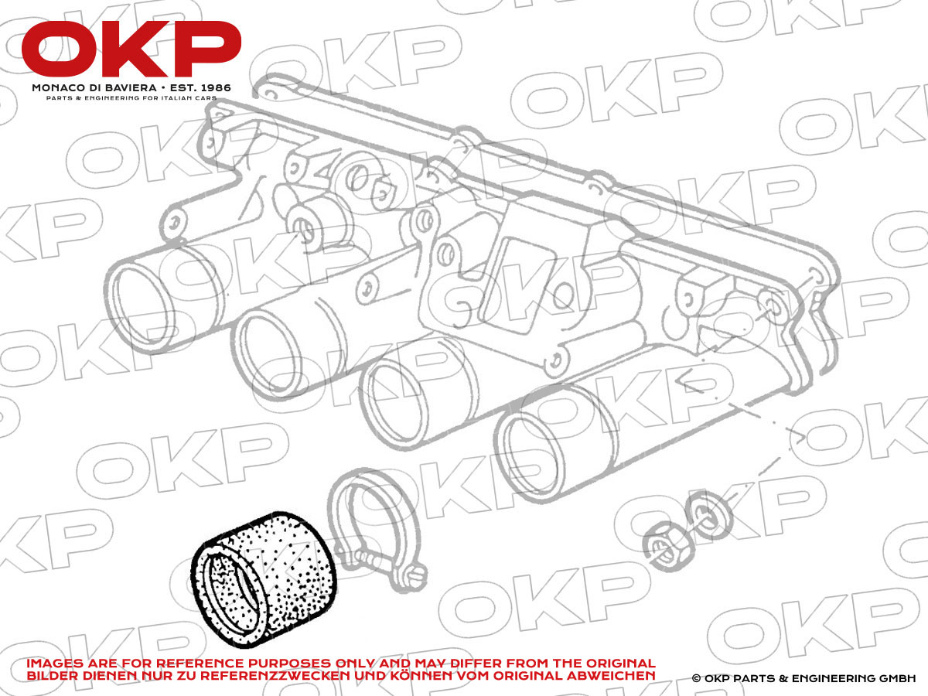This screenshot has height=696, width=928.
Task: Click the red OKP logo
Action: tap(131, 49)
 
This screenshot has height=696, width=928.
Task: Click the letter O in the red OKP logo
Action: tap(60, 49)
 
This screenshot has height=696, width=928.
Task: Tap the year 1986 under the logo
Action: tap(216, 88)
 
